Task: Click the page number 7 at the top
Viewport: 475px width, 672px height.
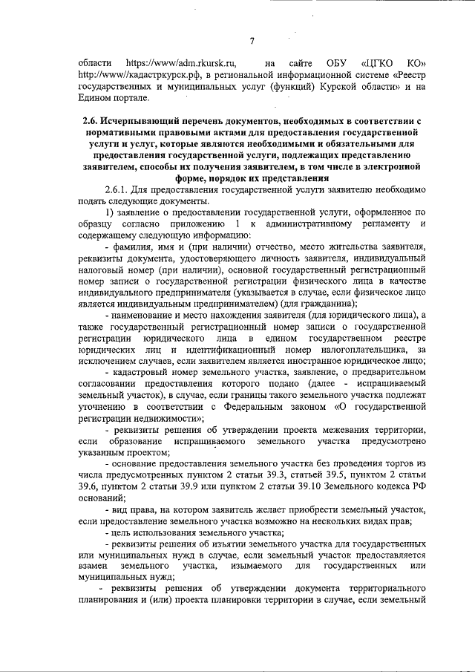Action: click(x=252, y=40)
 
